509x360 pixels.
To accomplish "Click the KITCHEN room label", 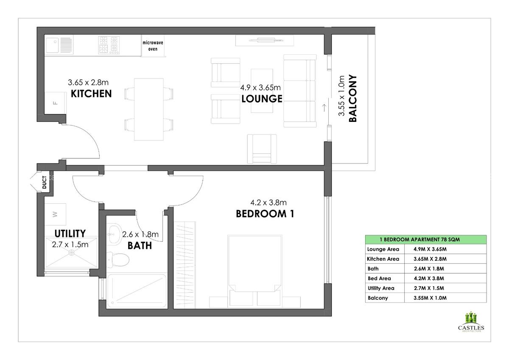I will [91, 93].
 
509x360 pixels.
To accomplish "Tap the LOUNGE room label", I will [262, 99].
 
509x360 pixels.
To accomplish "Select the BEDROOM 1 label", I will [265, 214].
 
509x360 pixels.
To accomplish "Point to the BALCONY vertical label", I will [352, 99].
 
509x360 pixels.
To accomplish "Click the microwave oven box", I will [153, 46].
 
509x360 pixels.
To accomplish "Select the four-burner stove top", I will [109, 45].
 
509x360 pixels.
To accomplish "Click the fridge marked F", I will [55, 103].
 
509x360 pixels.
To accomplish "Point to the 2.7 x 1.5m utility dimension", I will [70, 245].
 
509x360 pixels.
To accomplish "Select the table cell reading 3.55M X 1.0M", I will [430, 298].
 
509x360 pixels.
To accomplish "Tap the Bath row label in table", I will [373, 269].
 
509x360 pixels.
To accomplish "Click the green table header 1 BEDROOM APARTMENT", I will [426, 239].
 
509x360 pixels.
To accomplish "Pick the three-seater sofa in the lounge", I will [300, 91].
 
